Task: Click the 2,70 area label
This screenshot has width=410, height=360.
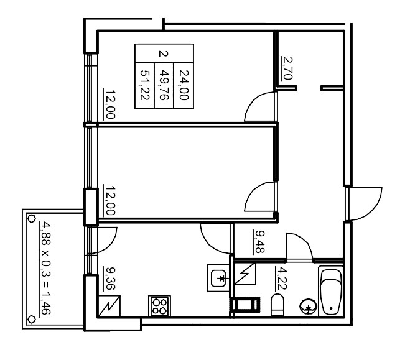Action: [x=287, y=67]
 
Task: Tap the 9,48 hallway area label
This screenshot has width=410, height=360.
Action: [x=258, y=241]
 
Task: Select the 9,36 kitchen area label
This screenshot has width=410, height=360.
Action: [x=109, y=279]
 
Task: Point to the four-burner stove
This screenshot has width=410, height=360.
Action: [x=159, y=306]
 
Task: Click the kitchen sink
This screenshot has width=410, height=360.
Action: [x=219, y=278]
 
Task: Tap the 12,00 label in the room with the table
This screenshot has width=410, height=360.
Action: [x=109, y=104]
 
